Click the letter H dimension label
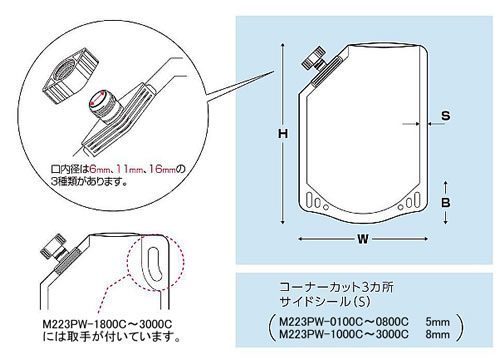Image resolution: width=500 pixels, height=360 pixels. click(283, 134)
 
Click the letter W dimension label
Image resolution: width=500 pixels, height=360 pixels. click(363, 239)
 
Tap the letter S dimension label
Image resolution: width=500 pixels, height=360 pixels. click(446, 116)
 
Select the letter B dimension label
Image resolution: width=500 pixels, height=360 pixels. click(446, 202)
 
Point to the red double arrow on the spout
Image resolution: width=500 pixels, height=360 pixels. click(98, 99)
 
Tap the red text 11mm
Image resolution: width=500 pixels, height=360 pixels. click(129, 169)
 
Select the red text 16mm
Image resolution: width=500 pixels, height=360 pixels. click(162, 169)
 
